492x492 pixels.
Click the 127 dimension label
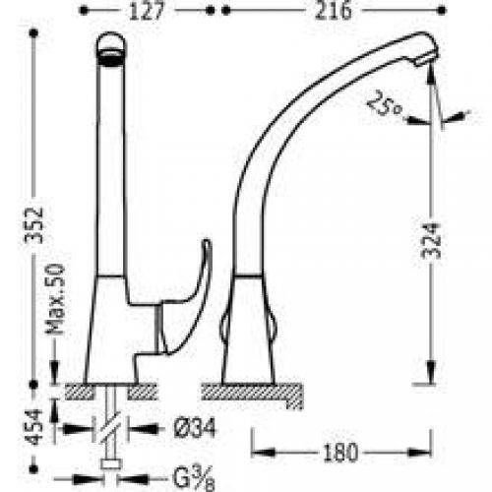(147, 11)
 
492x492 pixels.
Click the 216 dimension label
(333, 11)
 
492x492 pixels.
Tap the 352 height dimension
(33, 225)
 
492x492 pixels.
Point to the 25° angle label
(385, 103)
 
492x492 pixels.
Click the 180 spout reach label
(340, 453)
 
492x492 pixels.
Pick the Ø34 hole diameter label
(195, 428)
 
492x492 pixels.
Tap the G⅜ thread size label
(194, 478)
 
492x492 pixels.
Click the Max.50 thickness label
(55, 299)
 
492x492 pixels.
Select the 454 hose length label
(34, 427)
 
